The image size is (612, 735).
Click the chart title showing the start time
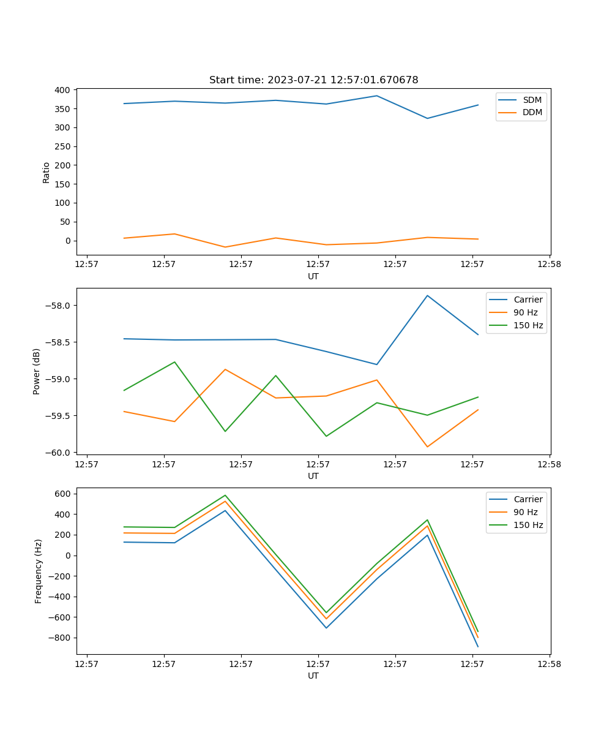tap(313, 80)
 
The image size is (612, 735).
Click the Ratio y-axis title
tap(47, 172)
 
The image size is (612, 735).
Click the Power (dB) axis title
tap(37, 371)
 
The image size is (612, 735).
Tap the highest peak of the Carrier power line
tap(427, 296)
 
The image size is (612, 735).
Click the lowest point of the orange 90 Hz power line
tap(427, 447)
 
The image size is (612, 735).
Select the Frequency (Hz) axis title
tap(39, 571)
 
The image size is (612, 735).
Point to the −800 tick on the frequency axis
tap(61, 638)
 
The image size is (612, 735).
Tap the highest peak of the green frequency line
tap(225, 496)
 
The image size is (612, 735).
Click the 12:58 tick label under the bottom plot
tap(549, 663)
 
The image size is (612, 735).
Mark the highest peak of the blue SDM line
tap(377, 96)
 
